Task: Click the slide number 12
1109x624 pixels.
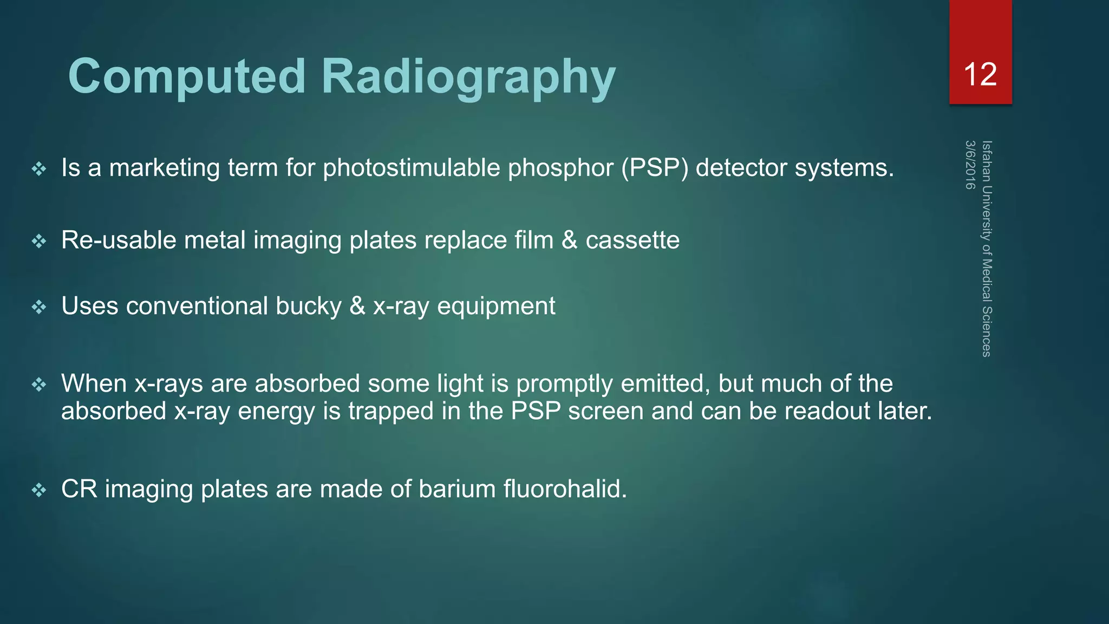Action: coord(980,74)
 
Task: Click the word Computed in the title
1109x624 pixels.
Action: coord(187,77)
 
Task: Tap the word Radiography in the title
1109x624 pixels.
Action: coord(468,77)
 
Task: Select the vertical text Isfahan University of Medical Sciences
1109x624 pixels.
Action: coord(987,249)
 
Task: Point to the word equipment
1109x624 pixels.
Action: coord(496,307)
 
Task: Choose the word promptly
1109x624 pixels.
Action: coord(564,384)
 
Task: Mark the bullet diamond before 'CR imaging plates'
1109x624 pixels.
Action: coord(39,491)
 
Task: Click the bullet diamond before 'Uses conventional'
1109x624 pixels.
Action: coord(39,308)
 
